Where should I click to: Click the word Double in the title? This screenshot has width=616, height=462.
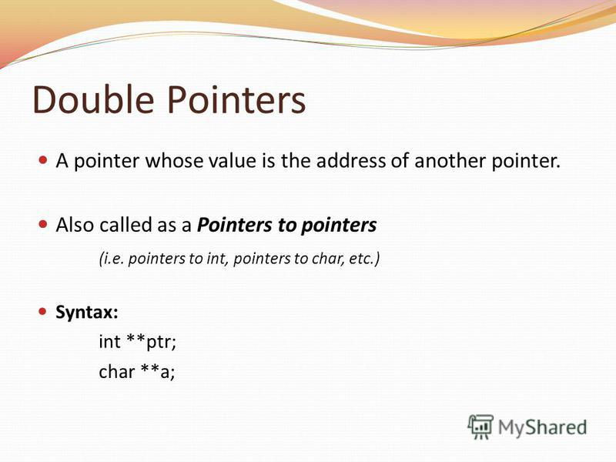coord(93,99)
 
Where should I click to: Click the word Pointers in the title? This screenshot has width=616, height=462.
coord(236,99)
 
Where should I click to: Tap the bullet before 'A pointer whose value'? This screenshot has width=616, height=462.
coord(43,160)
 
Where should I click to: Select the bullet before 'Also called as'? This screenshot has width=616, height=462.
coord(43,224)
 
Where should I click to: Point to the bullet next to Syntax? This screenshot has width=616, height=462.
coord(43,312)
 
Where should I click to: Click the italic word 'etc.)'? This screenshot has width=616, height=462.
coord(364,259)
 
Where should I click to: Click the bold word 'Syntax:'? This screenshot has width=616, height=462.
coord(87,313)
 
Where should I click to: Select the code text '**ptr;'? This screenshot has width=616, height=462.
coord(151,342)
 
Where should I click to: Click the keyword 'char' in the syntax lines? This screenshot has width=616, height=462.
coord(117,371)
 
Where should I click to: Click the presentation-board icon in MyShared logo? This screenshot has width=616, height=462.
coord(480,427)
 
